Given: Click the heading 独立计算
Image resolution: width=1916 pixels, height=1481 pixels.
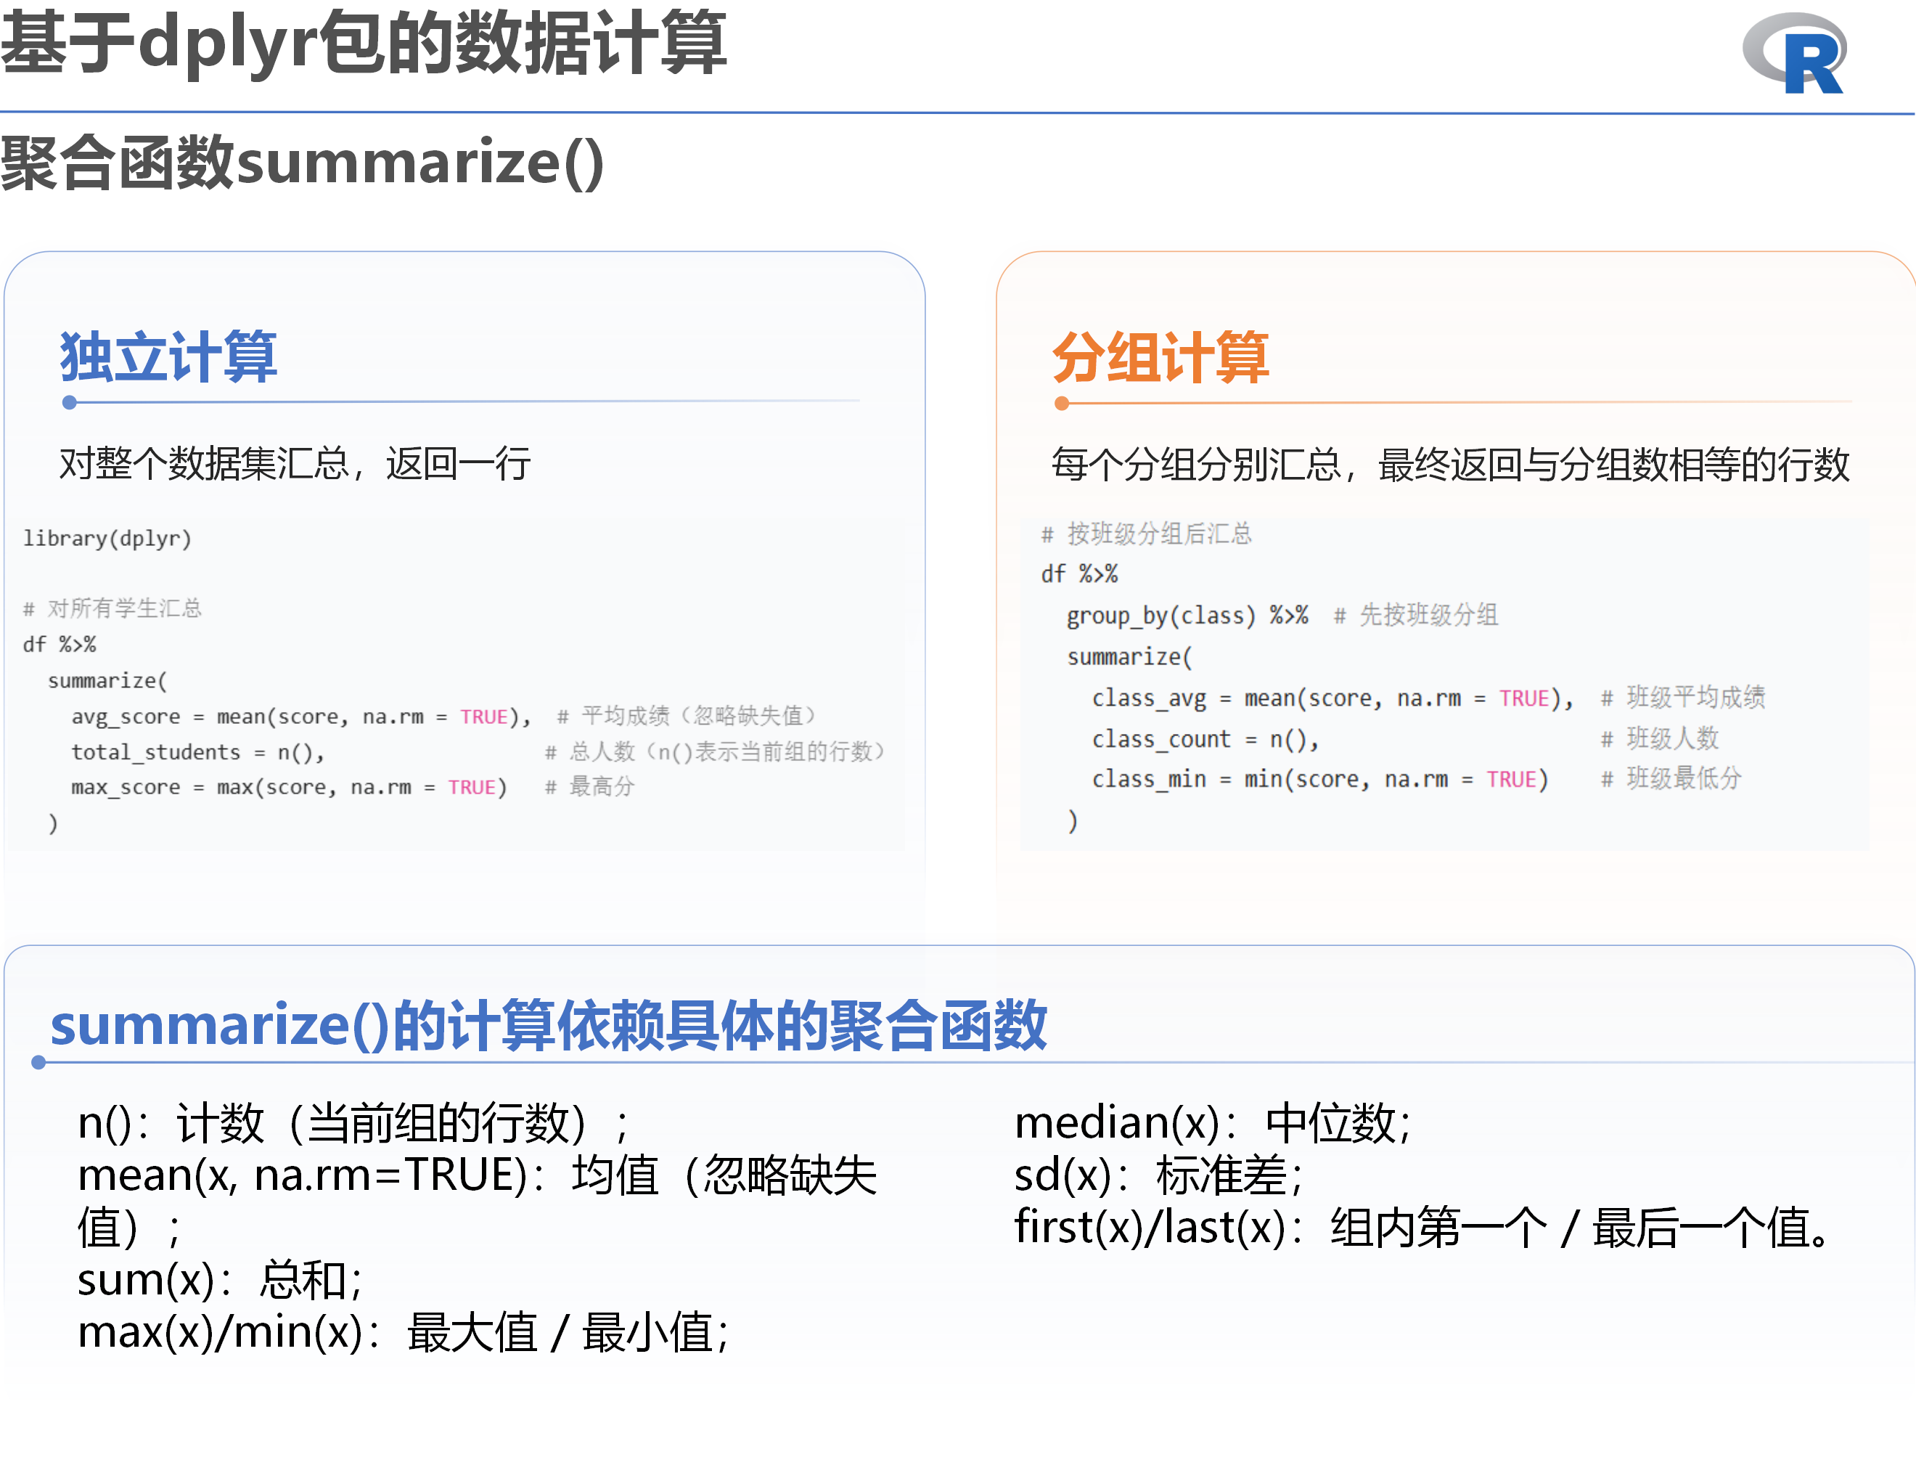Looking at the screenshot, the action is (168, 357).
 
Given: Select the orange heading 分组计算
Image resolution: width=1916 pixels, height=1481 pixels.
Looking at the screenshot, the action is (1160, 357).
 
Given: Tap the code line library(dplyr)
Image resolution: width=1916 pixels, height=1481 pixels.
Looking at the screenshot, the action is (107, 538).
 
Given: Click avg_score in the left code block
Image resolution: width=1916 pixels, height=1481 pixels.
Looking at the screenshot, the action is (126, 717).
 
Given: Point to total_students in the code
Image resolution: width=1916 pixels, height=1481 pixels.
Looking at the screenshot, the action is (155, 752).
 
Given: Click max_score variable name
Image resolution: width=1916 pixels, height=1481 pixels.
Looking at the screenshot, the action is (126, 787).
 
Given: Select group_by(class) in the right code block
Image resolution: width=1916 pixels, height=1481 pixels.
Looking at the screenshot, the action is (1161, 616).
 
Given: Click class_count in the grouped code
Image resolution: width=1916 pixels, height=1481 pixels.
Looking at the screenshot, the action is (1161, 740).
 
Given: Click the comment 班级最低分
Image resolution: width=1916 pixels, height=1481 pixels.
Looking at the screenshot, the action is (1684, 778).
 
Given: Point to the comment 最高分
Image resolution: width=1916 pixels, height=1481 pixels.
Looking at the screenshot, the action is (602, 786).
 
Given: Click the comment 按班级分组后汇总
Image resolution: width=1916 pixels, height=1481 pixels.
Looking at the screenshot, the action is (1159, 534).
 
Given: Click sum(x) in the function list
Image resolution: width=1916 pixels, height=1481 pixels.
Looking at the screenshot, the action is (144, 1280).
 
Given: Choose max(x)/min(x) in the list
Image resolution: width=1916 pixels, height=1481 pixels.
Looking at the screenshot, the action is (219, 1332).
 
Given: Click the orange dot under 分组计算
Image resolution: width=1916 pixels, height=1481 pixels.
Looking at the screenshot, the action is (1062, 404).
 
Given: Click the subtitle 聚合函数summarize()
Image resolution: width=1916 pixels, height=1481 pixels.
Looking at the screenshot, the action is (303, 163).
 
